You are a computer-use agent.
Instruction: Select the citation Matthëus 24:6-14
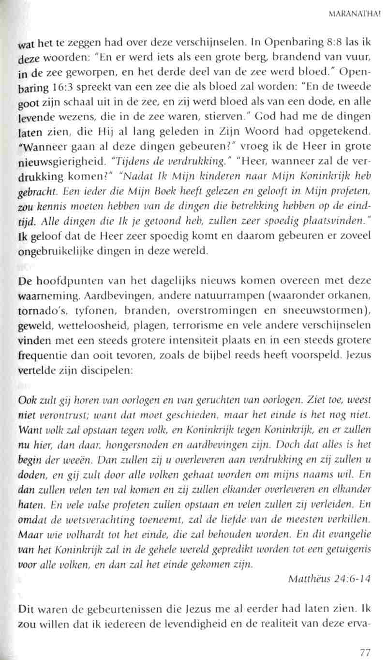tap(328, 565)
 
